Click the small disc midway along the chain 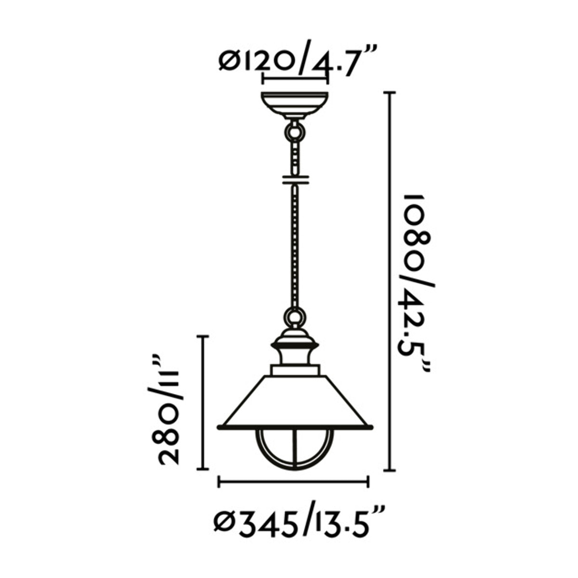(294, 179)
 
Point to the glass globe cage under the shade (294, 448)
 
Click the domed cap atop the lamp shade (294, 342)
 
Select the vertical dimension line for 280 (203, 402)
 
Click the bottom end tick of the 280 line (203, 469)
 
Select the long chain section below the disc (294, 246)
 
